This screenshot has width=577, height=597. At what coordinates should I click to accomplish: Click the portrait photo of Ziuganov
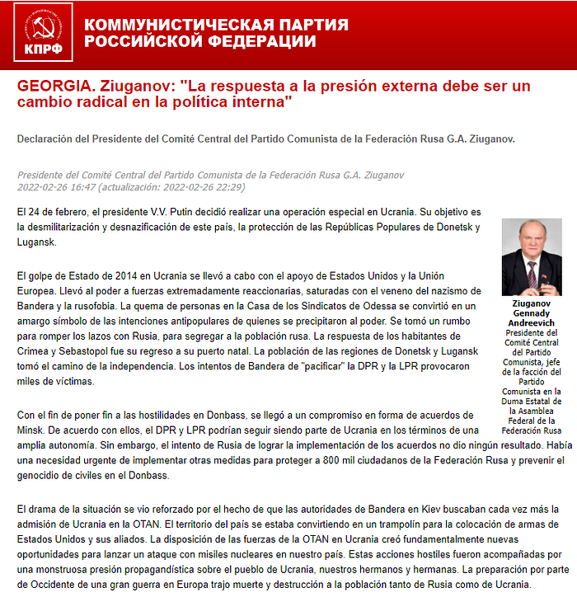pos(530,257)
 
